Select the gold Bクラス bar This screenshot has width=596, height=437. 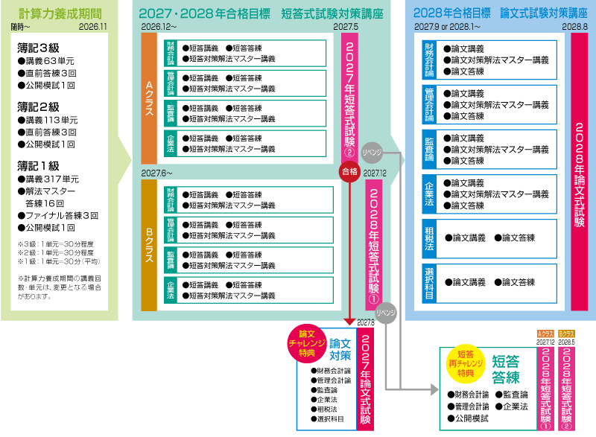(148, 243)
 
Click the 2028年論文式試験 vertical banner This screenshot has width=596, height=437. (580, 170)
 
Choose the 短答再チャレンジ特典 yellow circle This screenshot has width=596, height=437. (470, 363)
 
